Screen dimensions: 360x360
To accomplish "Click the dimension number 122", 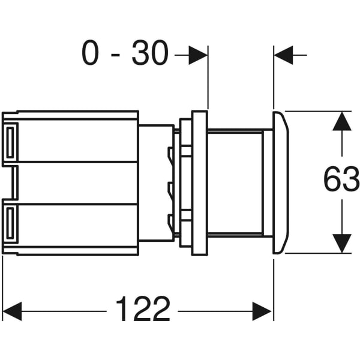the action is (143, 308).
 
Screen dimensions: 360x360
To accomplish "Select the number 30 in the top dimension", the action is (150, 53).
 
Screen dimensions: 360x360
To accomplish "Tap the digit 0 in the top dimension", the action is (90, 53).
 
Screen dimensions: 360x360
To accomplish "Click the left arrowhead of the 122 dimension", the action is (12, 311).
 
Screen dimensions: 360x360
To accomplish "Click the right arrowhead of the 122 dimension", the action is (262, 311).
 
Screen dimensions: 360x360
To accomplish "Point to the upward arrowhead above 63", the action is (342, 121).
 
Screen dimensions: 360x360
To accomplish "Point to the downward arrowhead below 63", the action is (342, 244).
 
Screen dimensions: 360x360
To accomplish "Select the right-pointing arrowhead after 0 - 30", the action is (198, 55).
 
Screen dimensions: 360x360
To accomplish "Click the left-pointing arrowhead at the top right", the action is (284, 55).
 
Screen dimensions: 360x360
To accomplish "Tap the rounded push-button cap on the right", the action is (281, 183).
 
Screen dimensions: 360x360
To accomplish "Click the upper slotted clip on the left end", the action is (10, 142).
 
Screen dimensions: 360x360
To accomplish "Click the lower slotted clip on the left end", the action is (10, 222).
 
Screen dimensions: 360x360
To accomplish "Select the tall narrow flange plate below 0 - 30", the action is (200, 183).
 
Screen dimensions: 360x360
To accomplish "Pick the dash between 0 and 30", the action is (115, 55).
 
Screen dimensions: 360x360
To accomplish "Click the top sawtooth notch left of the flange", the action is (170, 155).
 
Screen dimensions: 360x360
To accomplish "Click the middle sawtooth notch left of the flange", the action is (170, 191).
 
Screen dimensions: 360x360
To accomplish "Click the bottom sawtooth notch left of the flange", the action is (170, 223).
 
